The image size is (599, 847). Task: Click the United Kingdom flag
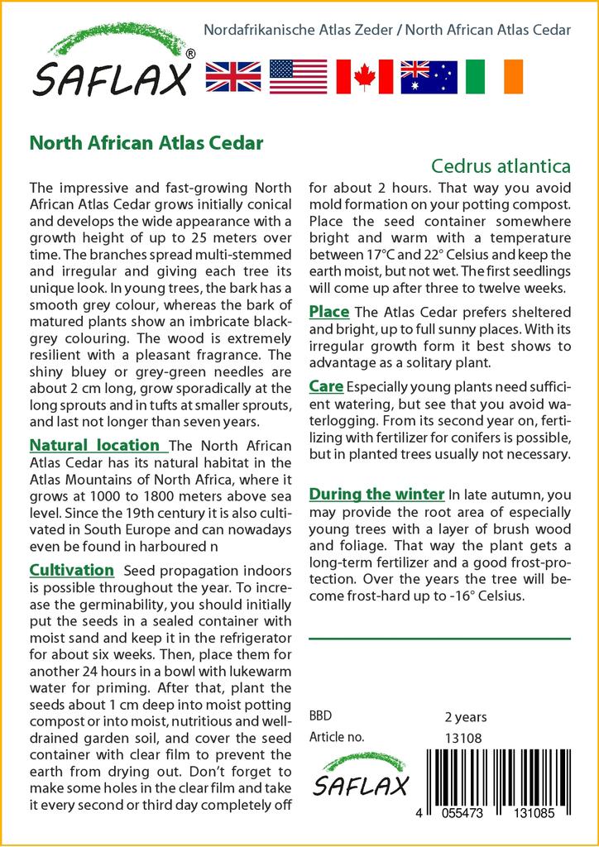pyautogui.click(x=232, y=76)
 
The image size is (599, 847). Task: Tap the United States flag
pyautogui.click(x=298, y=76)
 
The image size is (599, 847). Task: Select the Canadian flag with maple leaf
pyautogui.click(x=364, y=76)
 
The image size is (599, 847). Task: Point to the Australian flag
pyautogui.click(x=429, y=76)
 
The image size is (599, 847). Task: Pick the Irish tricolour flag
pyautogui.click(x=495, y=76)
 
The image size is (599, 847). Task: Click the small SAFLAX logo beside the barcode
pyautogui.click(x=361, y=774)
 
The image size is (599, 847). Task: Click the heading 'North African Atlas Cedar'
pyautogui.click(x=146, y=142)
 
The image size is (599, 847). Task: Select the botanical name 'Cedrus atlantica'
pyautogui.click(x=501, y=166)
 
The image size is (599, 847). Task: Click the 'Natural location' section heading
pyautogui.click(x=94, y=445)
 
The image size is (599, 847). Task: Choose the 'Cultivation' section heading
pyautogui.click(x=71, y=570)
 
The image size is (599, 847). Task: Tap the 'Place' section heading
pyautogui.click(x=329, y=312)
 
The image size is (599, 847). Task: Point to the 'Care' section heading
pyautogui.click(x=326, y=386)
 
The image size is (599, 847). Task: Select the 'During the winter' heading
pyautogui.click(x=376, y=494)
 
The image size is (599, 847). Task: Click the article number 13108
pyautogui.click(x=463, y=738)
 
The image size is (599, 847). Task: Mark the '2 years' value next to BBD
pyautogui.click(x=466, y=717)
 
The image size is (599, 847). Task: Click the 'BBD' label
pyautogui.click(x=320, y=716)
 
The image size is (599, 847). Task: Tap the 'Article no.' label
pyautogui.click(x=336, y=737)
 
